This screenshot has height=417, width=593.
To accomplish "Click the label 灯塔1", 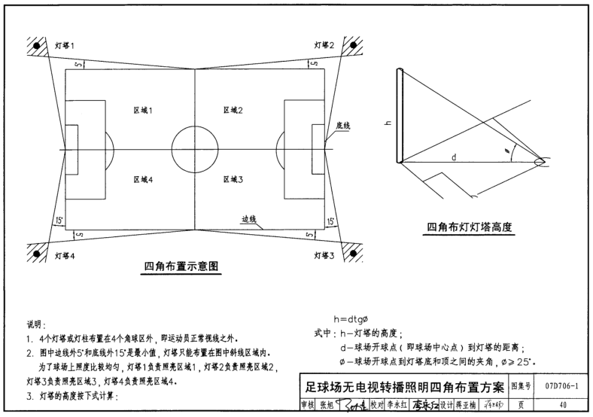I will pos(64,47).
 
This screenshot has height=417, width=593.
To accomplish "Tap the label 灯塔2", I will pos(324,47).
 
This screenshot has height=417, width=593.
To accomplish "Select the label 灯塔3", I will pos(324,255).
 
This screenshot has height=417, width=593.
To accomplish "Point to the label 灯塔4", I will pos(65,255).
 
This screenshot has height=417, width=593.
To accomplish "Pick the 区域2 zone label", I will pos(233,111).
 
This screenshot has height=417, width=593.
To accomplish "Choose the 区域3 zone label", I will pos(233,179).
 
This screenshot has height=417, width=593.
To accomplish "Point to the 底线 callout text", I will pos(343,124).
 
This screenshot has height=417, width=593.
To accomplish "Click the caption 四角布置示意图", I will pos(181,266).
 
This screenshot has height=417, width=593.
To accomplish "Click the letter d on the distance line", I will pos(454,157).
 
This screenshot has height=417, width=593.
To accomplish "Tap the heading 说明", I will pos(36,324).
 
